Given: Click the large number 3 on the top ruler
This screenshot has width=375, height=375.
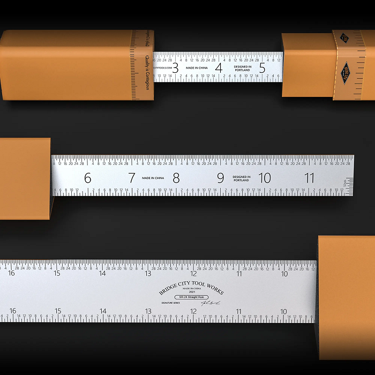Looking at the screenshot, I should (175, 68).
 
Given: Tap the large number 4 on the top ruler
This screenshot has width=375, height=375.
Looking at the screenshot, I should (219, 68).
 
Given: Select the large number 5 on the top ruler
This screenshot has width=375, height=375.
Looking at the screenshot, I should (262, 68).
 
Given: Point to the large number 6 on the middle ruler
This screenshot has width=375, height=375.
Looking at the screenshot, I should (88, 178).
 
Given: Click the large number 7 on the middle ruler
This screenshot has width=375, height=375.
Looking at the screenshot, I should (132, 178).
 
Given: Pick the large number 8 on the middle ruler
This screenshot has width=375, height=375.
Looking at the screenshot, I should (176, 178).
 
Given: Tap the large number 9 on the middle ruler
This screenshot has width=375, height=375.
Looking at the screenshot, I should (220, 178).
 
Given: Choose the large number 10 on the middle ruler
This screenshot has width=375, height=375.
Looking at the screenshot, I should (265, 178).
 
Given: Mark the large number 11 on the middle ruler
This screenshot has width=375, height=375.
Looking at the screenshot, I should (309, 178).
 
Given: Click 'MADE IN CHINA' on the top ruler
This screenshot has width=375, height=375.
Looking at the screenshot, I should (197, 68).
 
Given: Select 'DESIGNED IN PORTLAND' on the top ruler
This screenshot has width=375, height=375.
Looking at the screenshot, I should (242, 68).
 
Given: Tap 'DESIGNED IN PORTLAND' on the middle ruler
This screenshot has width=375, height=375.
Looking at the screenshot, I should (241, 178).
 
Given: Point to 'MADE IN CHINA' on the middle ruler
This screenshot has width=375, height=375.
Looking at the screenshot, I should (153, 178).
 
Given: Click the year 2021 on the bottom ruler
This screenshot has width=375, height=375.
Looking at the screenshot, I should (191, 292).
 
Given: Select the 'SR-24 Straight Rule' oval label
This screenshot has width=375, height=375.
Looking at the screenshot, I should (192, 297).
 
